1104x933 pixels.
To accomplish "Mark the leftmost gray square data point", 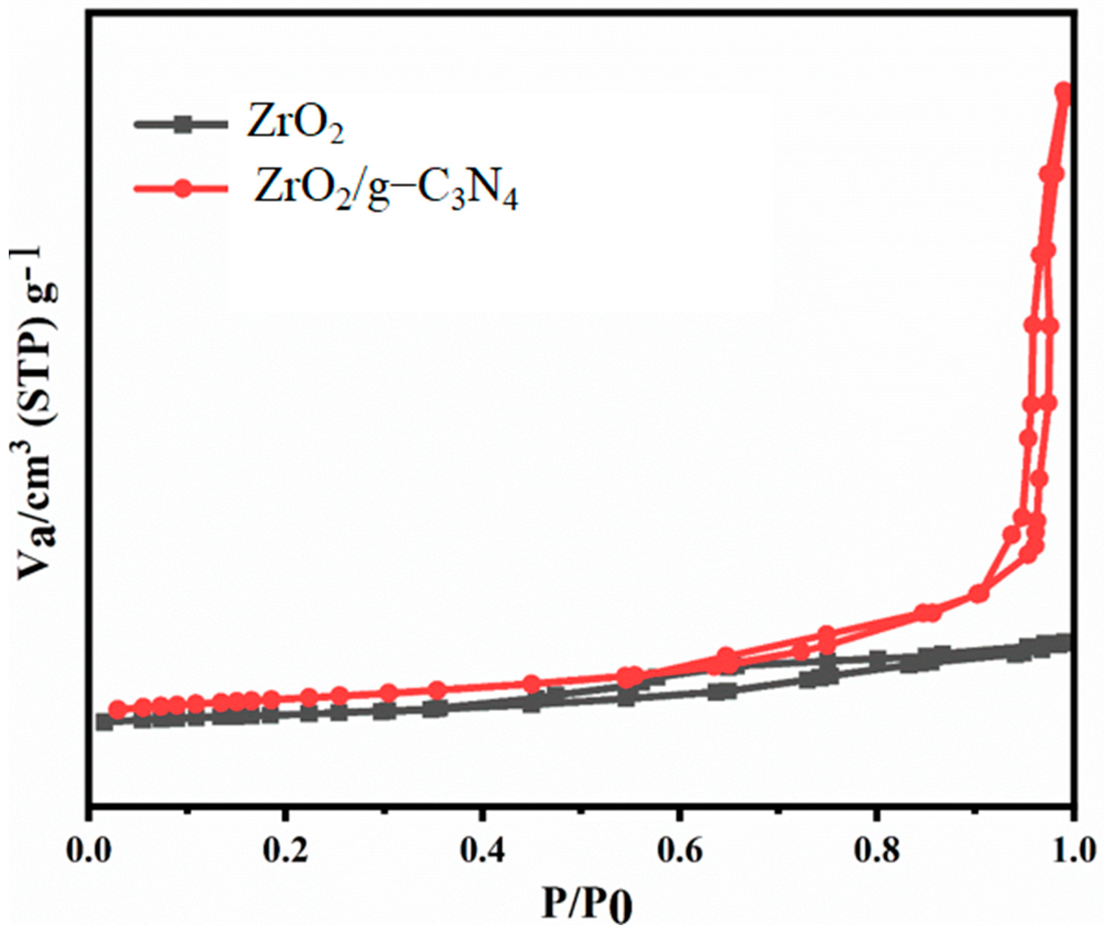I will pyautogui.click(x=105, y=722).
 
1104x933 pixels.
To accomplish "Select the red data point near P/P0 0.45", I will pyautogui.click(x=531, y=683).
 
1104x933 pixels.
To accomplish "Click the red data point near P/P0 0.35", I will pyautogui.click(x=437, y=690).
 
